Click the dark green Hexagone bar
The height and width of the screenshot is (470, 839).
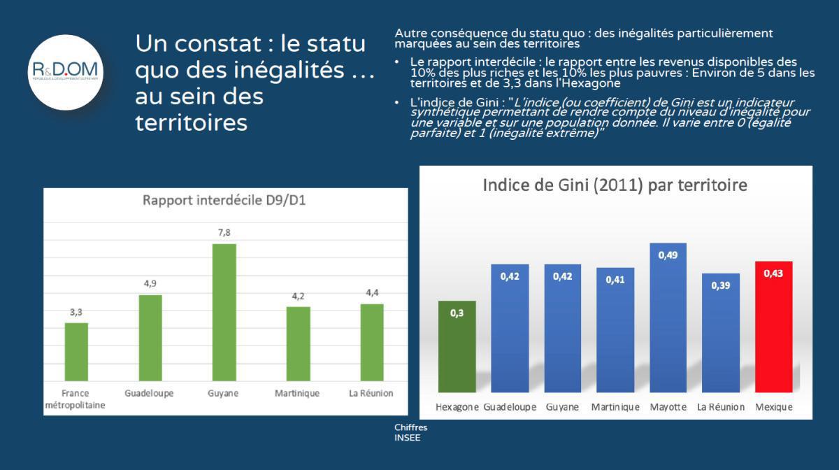(457, 346)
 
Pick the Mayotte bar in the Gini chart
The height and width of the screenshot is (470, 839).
(668, 318)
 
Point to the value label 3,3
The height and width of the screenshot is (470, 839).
(76, 312)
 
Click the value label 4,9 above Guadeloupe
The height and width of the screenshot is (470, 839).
(150, 284)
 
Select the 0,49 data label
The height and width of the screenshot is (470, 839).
(668, 255)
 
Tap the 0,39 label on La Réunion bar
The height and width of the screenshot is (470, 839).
(720, 285)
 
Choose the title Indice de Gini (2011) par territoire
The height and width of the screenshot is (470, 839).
(615, 185)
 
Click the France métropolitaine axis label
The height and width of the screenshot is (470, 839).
(75, 399)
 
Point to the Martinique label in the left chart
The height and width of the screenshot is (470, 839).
(297, 393)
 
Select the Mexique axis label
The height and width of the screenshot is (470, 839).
(773, 407)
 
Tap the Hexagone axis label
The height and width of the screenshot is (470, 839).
(457, 407)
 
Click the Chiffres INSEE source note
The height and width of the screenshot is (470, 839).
(410, 432)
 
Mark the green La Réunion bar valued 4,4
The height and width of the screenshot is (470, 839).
(371, 343)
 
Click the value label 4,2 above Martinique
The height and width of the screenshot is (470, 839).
(298, 296)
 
